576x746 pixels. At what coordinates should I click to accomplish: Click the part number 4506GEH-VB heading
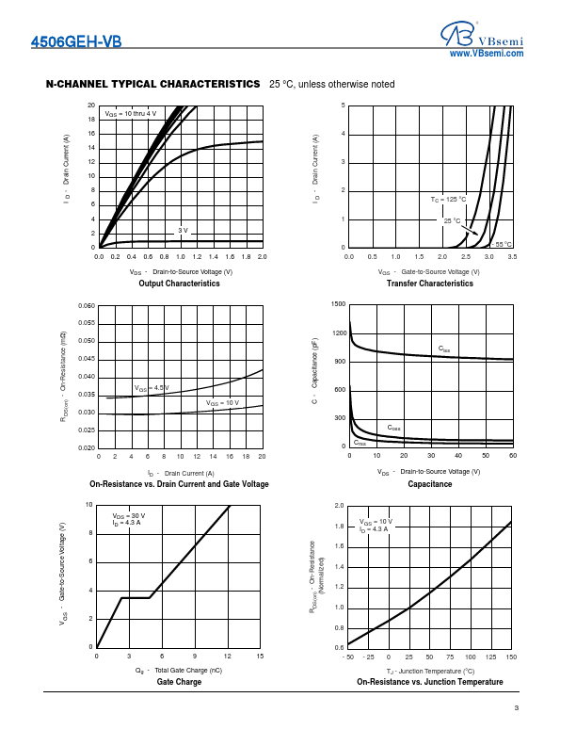coord(76,41)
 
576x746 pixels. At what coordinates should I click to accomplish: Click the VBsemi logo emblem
coord(457,35)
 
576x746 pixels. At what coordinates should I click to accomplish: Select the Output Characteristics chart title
coord(179,284)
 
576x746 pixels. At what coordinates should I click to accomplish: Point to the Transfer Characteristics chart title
coord(430,284)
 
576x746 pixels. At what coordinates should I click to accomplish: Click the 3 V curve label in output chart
coord(184,230)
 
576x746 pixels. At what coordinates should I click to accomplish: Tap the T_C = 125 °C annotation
coord(448,200)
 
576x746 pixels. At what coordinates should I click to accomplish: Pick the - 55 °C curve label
coord(503,244)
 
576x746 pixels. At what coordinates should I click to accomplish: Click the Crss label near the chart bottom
coord(360,443)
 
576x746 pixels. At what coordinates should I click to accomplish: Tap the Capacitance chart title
coord(430,484)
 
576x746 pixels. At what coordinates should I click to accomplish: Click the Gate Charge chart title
coord(179,682)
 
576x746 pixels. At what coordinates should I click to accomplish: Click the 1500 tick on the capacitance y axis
coord(339,305)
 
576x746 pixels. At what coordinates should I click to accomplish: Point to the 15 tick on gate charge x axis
coord(260,656)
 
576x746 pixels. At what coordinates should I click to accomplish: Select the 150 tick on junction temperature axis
coord(511,656)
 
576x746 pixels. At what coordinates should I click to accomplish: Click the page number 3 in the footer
coord(517,708)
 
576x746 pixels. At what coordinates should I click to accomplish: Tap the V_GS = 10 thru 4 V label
coord(130,113)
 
